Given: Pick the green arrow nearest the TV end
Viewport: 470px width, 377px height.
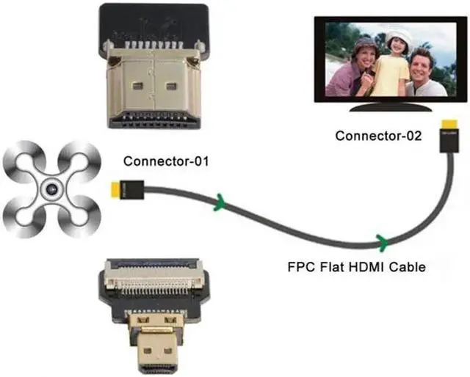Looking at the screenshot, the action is [382, 240].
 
